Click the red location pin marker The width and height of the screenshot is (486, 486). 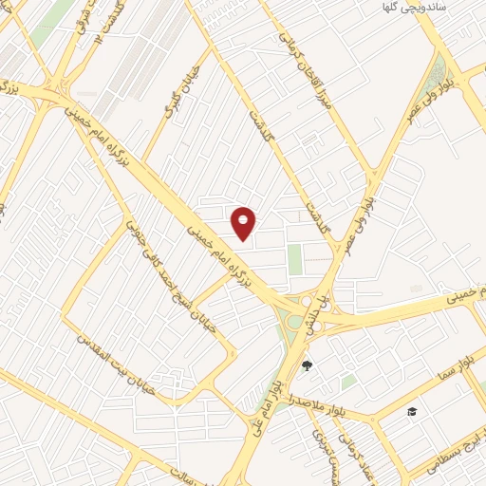pyautogui.click(x=244, y=222)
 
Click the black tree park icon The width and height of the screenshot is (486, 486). pyautogui.click(x=306, y=364)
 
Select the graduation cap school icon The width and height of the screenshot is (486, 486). pyautogui.click(x=412, y=411)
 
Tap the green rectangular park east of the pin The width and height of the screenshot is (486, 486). pyautogui.click(x=295, y=258)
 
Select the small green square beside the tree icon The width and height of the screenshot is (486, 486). pyautogui.click(x=348, y=381)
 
